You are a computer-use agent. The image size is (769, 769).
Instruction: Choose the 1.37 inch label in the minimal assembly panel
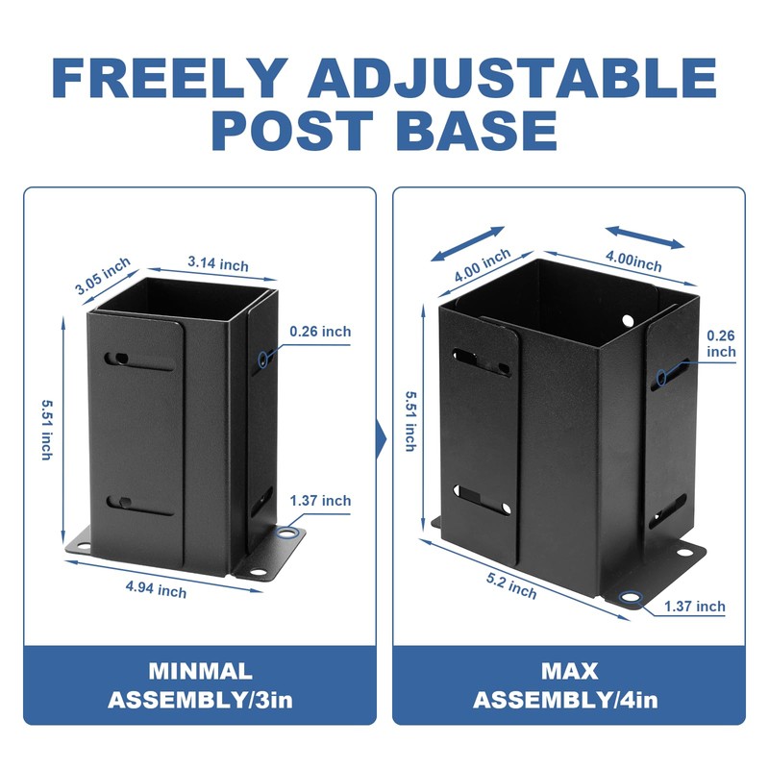coord(321,501)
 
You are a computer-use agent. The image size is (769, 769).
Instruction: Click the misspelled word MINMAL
coord(200,671)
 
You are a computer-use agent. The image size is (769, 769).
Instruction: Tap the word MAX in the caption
coord(568,671)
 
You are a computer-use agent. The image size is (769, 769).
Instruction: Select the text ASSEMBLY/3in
coord(200,700)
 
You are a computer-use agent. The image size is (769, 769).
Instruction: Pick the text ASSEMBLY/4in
coord(568,700)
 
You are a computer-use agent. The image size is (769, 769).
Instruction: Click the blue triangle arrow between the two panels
coord(382,441)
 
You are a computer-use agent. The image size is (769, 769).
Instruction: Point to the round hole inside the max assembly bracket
coord(628,320)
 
